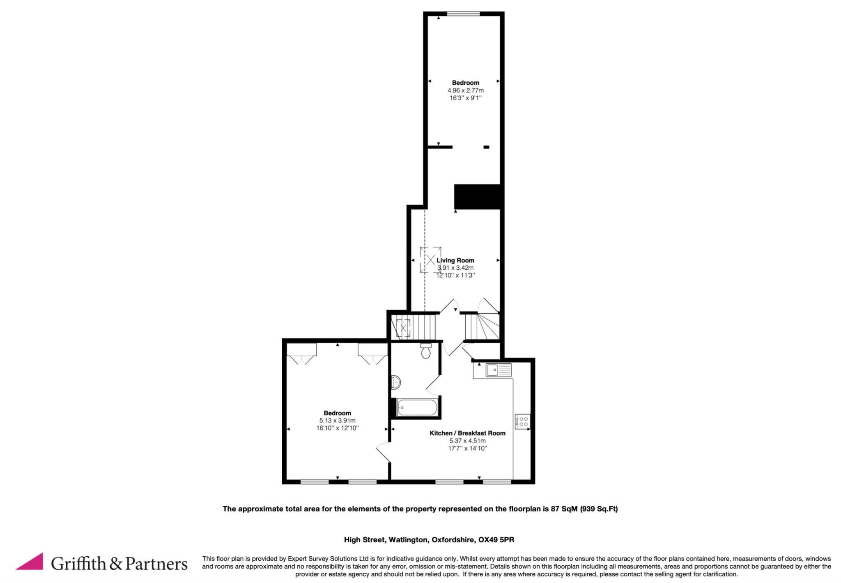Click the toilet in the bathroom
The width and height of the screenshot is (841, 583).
(426, 350)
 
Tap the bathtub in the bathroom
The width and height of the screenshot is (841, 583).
(417, 407)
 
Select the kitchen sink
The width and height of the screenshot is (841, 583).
(499, 370)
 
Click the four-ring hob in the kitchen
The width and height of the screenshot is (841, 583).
(523, 421)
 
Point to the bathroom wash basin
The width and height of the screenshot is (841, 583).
(396, 382)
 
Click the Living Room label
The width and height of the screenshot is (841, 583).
(455, 260)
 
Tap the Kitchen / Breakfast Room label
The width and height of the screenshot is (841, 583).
(467, 433)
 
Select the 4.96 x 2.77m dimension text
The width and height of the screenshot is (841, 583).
(466, 90)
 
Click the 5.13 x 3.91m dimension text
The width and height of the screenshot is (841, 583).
(337, 421)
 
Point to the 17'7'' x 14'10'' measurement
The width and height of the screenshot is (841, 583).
(467, 449)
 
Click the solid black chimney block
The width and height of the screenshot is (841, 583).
(477, 197)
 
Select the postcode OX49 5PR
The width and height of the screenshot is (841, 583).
(496, 540)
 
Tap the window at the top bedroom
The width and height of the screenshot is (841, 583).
(463, 14)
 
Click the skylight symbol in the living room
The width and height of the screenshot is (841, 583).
(430, 260)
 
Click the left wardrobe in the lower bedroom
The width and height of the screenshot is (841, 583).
(302, 354)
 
